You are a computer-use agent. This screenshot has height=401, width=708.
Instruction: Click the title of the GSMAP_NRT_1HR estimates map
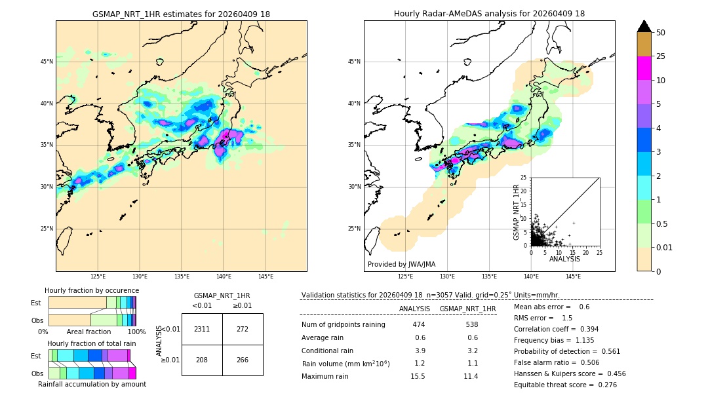pyautogui.click(x=181, y=14)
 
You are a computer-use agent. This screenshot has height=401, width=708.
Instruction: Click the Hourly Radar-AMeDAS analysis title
pyautogui.click(x=489, y=14)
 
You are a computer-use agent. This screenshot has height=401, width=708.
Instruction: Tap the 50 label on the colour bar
pyautogui.click(x=661, y=33)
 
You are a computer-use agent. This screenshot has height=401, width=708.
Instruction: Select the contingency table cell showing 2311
pyautogui.click(x=202, y=329)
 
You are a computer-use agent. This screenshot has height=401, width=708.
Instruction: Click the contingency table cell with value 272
pyautogui.click(x=243, y=329)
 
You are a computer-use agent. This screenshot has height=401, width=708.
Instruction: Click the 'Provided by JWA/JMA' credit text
pyautogui.click(x=401, y=264)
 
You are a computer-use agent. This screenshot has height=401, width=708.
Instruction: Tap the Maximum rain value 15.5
pyautogui.click(x=418, y=376)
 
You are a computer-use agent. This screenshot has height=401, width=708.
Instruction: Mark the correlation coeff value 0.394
pyautogui.click(x=585, y=329)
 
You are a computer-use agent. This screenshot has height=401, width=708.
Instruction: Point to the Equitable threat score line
pyautogui.click(x=565, y=385)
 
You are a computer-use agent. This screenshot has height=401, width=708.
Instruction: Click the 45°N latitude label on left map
pyautogui.click(x=47, y=62)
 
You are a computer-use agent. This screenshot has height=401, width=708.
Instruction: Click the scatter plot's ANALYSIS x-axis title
pyautogui.click(x=564, y=259)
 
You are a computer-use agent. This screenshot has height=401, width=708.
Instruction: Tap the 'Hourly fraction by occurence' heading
pyautogui.click(x=92, y=290)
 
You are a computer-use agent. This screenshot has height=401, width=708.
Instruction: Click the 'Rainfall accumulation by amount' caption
pyautogui.click(x=92, y=384)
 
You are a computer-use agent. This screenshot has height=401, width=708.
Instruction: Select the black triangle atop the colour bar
pyautogui.click(x=644, y=26)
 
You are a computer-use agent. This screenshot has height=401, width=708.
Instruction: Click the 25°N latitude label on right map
pyautogui.click(x=355, y=229)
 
